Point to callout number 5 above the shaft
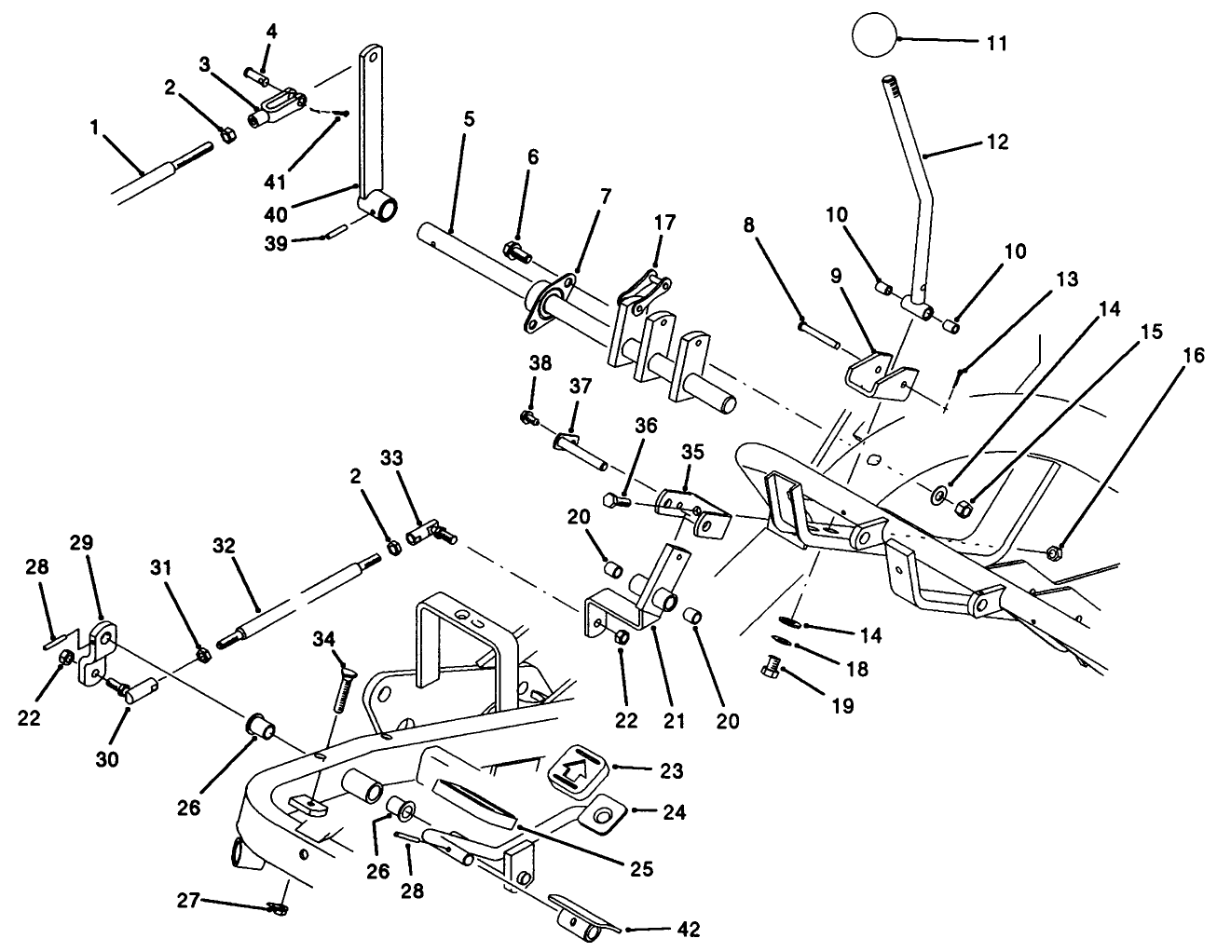[469, 118]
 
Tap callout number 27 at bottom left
[188, 901]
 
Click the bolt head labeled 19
[770, 667]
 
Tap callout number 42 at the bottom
[689, 928]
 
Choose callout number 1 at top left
[95, 128]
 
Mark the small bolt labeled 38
[529, 419]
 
